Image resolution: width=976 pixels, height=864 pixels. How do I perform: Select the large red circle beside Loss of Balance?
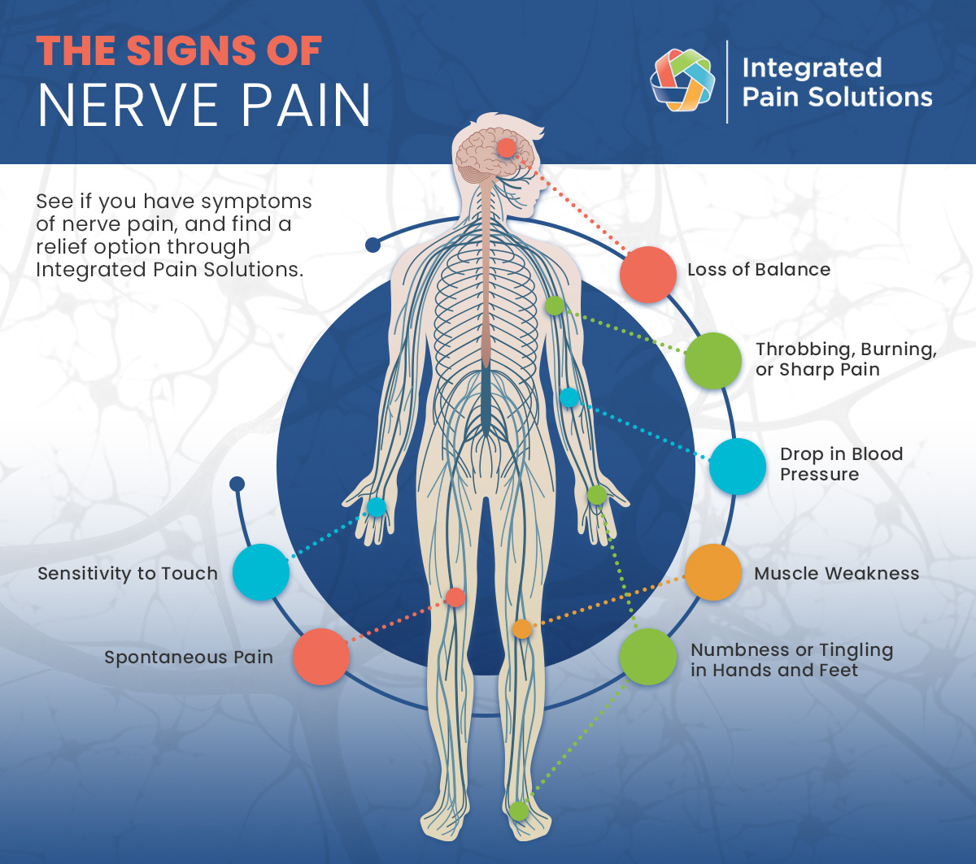coord(648,275)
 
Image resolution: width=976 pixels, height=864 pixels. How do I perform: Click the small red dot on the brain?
coord(506,148)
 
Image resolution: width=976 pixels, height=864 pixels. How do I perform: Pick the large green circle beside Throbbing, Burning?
coord(712,360)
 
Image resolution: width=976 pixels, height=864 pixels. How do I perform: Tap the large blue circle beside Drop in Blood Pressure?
coord(738,467)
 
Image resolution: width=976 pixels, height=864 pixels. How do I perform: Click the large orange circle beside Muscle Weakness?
coord(713,572)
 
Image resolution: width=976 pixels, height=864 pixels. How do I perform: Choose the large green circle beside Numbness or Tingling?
coord(648,657)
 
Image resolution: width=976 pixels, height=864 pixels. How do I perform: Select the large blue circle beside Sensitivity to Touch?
coord(261,572)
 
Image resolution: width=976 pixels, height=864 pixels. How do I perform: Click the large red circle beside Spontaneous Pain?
coord(321,657)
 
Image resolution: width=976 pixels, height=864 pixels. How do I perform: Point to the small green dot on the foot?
coord(518,810)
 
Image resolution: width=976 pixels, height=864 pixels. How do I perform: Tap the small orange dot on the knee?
coord(522,628)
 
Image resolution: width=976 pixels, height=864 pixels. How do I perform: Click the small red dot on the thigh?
coord(455,597)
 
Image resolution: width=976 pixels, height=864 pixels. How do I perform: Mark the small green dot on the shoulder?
coord(555,306)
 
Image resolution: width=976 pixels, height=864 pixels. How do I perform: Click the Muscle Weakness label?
coord(836,573)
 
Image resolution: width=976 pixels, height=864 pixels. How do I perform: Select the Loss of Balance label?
coord(759,270)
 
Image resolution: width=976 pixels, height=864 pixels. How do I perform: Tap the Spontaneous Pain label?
coord(189,657)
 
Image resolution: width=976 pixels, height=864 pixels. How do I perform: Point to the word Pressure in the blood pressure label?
coord(819,474)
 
